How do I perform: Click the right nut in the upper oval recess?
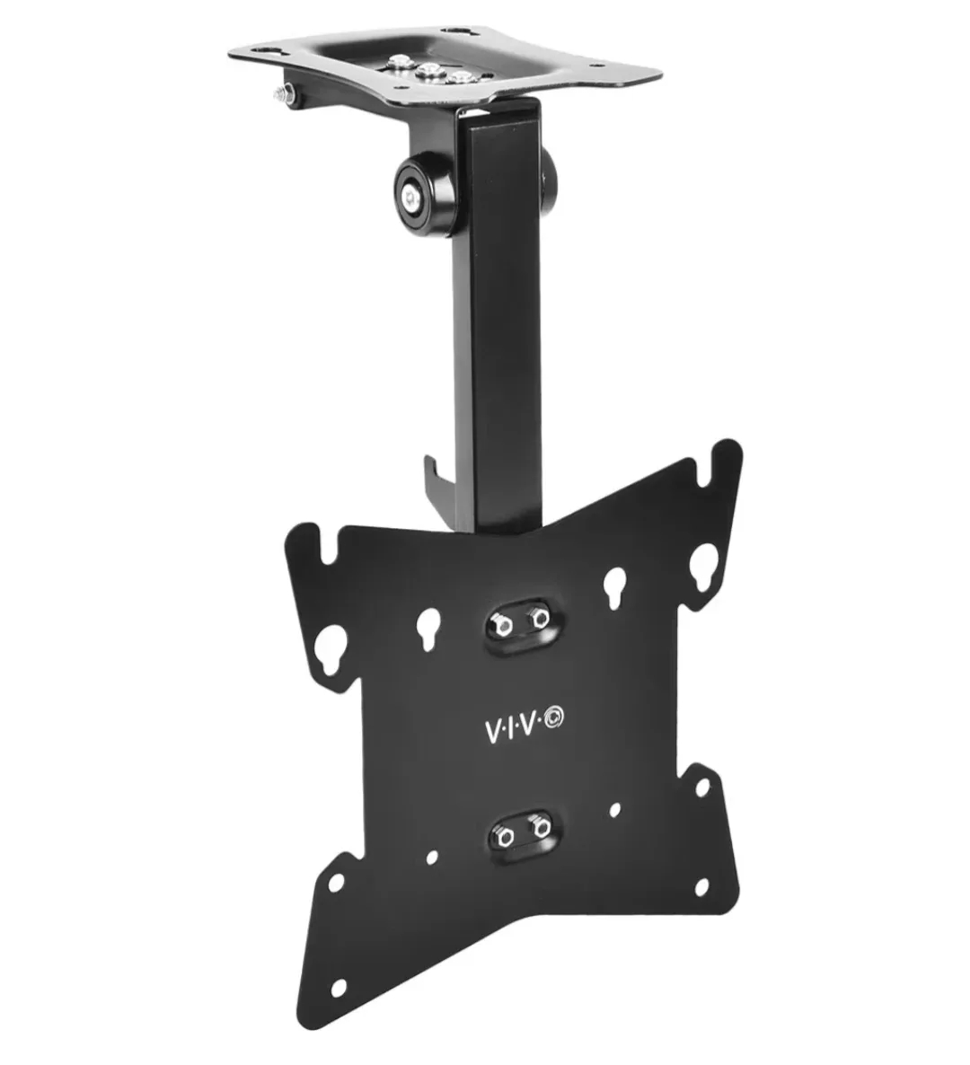coord(537,618)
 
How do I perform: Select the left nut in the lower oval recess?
coord(506,836)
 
